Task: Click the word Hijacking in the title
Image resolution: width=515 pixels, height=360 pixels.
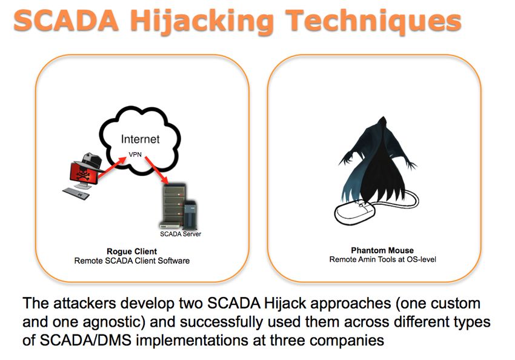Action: (x=202, y=21)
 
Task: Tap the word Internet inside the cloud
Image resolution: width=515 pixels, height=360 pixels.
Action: (x=140, y=139)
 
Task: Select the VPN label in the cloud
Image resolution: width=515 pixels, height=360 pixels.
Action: (x=135, y=155)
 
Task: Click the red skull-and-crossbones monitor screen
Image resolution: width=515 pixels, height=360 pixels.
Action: (x=84, y=173)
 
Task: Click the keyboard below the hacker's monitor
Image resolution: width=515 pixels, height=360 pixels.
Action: (x=76, y=194)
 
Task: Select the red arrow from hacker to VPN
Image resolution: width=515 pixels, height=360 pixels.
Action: (x=111, y=167)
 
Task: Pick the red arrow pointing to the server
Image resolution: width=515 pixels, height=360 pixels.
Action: (x=157, y=170)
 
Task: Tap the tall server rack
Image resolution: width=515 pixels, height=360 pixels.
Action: (x=174, y=206)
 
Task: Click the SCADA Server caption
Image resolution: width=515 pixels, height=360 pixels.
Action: (x=181, y=234)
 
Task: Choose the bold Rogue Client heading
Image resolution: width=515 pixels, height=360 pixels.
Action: (x=131, y=252)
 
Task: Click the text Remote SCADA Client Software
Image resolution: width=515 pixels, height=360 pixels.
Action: (x=131, y=261)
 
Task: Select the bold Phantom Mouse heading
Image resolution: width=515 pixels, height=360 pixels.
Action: (x=382, y=251)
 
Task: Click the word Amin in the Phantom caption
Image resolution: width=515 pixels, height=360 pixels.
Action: (x=365, y=259)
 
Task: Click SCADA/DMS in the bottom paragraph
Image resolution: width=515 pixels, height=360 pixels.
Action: (x=85, y=340)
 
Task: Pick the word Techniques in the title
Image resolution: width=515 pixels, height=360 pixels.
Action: (x=373, y=21)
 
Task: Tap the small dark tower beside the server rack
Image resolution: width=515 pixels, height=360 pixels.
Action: (x=190, y=215)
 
